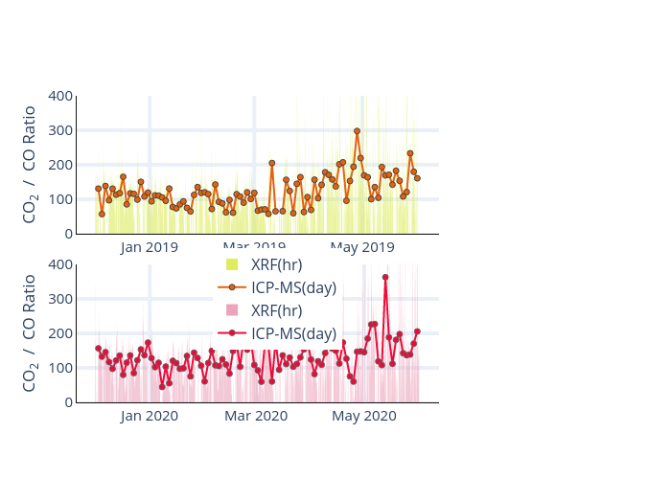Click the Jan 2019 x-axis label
click(x=150, y=248)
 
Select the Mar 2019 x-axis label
click(x=256, y=248)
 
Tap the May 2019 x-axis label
click(x=362, y=248)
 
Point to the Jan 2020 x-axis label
click(x=150, y=417)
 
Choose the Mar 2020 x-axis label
click(x=256, y=417)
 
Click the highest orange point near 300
click(x=357, y=131)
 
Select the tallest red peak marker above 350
click(x=385, y=278)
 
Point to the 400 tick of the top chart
click(x=60, y=96)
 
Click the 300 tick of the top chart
click(x=60, y=130)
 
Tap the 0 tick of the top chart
click(x=67, y=234)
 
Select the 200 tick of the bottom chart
click(x=60, y=333)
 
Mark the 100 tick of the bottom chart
click(x=60, y=368)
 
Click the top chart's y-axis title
click(x=31, y=165)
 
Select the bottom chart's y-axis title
click(x=31, y=333)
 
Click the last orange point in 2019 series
click(x=417, y=178)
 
